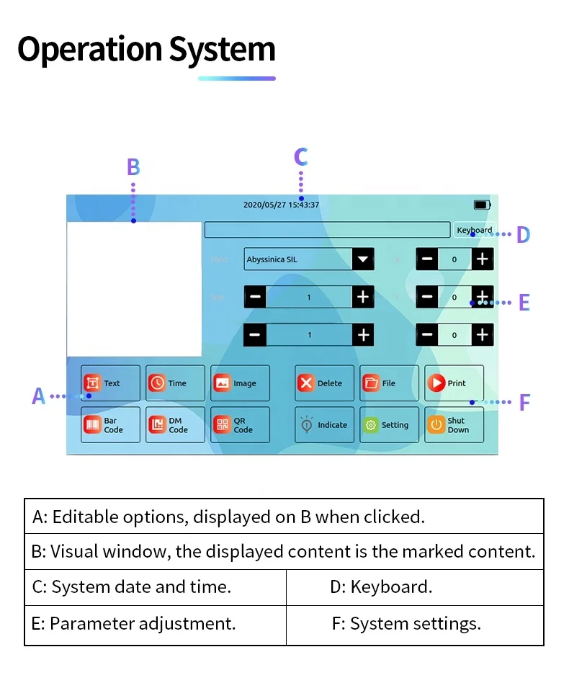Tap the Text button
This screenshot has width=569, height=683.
tap(110, 383)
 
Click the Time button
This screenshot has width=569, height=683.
tap(175, 383)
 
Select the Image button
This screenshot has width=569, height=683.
tap(240, 383)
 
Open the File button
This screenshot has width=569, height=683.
tap(389, 383)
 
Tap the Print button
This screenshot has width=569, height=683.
tap(454, 383)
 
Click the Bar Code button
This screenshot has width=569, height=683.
tap(110, 425)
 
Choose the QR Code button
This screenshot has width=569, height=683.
tap(240, 425)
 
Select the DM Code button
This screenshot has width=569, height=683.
tap(175, 425)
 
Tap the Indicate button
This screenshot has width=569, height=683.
tap(324, 425)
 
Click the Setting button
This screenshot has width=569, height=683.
tap(389, 425)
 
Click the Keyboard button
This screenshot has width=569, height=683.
tap(475, 231)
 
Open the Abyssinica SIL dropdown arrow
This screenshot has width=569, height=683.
tap(363, 259)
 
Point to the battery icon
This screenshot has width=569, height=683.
tap(482, 205)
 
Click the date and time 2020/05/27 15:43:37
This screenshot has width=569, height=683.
tap(281, 205)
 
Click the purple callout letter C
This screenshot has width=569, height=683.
tap(301, 157)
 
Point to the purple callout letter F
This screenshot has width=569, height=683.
tap(524, 403)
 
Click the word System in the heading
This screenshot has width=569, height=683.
tap(223, 50)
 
